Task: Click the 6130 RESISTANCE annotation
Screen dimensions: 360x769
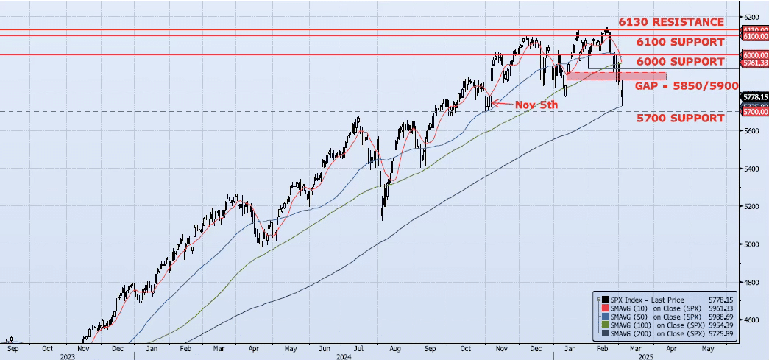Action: pyautogui.click(x=671, y=22)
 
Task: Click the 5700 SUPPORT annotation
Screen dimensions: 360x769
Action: pyautogui.click(x=681, y=118)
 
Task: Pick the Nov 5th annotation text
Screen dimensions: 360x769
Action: pyautogui.click(x=536, y=105)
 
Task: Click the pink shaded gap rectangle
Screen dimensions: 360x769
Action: pyautogui.click(x=616, y=76)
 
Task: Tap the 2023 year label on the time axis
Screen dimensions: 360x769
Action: pyautogui.click(x=67, y=356)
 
